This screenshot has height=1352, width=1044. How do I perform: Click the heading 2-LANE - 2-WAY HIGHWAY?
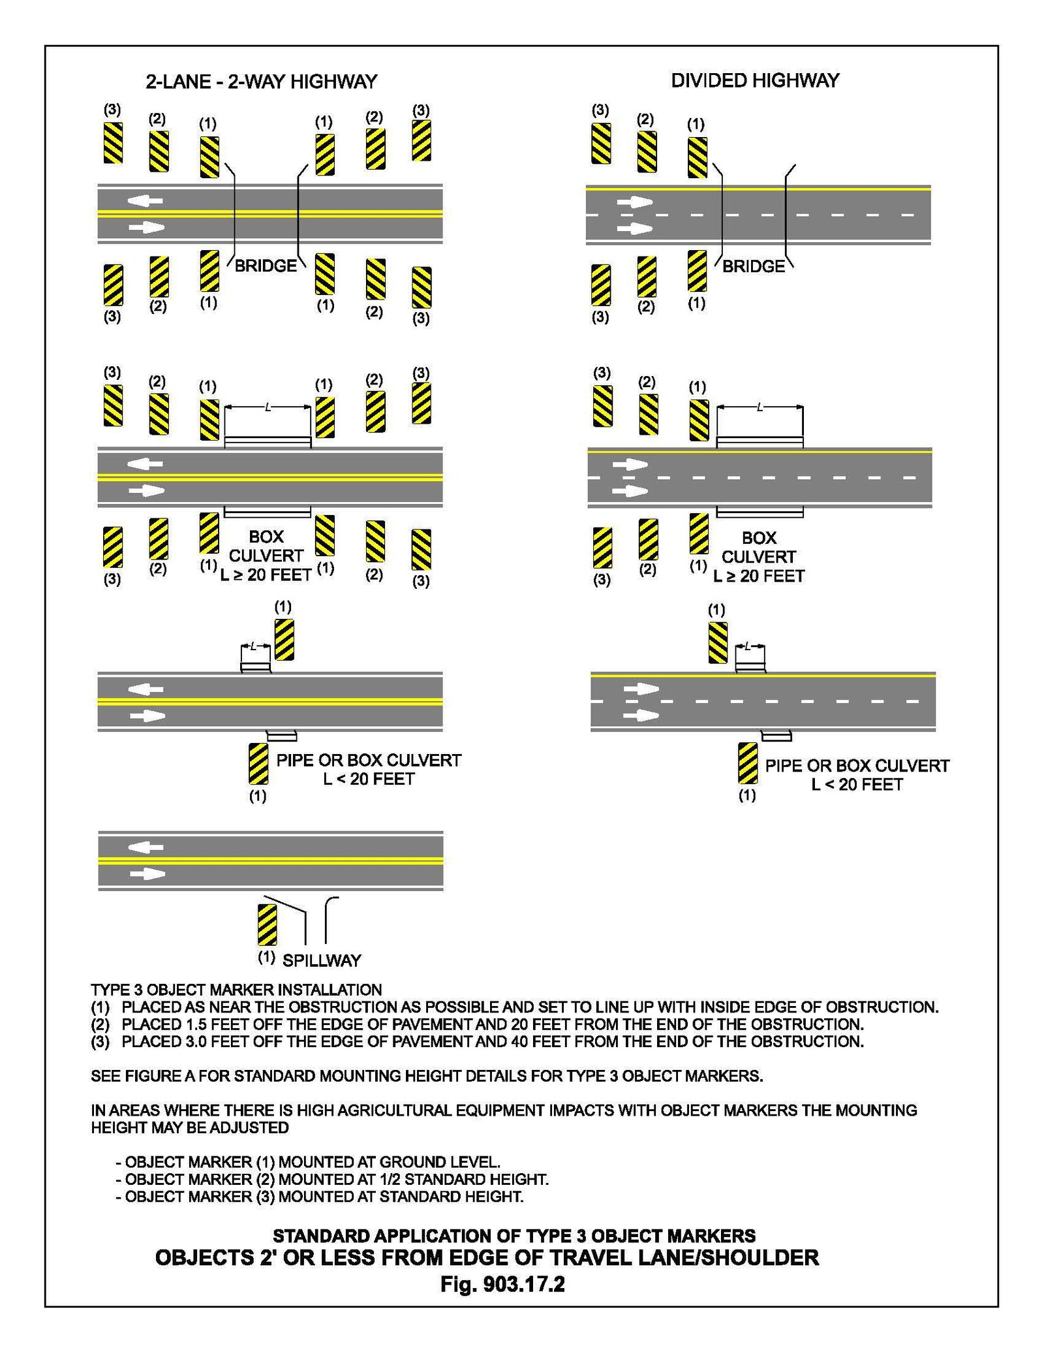point(261,82)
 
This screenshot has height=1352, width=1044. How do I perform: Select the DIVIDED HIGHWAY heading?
point(755,80)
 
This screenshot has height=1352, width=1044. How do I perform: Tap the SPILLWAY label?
point(321,960)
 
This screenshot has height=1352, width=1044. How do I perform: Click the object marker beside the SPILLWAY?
point(267,924)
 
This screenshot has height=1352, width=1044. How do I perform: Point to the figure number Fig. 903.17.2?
point(502,1285)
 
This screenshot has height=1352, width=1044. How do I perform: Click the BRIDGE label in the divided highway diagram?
point(753,266)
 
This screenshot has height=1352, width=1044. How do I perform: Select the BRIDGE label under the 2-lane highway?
point(266,266)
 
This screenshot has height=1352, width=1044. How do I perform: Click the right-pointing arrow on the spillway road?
point(148,874)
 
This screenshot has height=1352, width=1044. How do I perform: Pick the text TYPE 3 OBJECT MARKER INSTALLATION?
point(236,990)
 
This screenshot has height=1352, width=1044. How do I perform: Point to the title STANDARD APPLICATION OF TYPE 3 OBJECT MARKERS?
point(514,1236)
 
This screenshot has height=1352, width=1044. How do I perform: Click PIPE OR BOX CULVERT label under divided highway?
point(857,766)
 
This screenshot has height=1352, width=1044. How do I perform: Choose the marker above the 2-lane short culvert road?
point(284,640)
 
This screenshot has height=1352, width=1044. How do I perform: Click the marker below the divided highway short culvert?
point(748,762)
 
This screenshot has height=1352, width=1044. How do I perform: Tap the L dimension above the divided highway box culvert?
point(760,407)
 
